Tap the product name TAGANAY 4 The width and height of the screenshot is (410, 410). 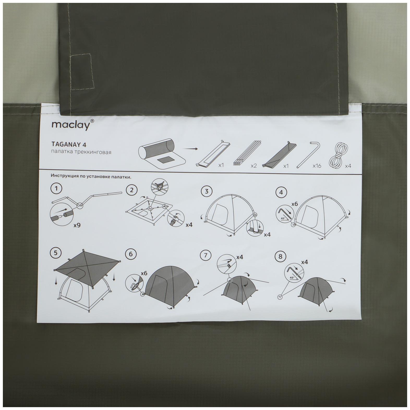[x=69, y=144]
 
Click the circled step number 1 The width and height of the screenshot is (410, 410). [x=57, y=189]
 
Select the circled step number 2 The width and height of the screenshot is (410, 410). [x=131, y=190]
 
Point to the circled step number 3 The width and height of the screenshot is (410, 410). [x=207, y=192]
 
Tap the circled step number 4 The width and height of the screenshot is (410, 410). [x=281, y=192]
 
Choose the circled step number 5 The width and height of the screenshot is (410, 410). [x=56, y=252]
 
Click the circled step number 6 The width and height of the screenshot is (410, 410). [x=131, y=254]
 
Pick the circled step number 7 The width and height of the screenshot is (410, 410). [x=206, y=255]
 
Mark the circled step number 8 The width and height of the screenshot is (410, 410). [x=280, y=256]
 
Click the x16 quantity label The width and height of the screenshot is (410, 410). [x=317, y=166]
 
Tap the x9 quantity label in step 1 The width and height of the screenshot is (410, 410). [x=77, y=225]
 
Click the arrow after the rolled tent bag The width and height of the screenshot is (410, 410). [x=190, y=149]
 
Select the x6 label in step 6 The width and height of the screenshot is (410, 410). [x=144, y=273]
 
